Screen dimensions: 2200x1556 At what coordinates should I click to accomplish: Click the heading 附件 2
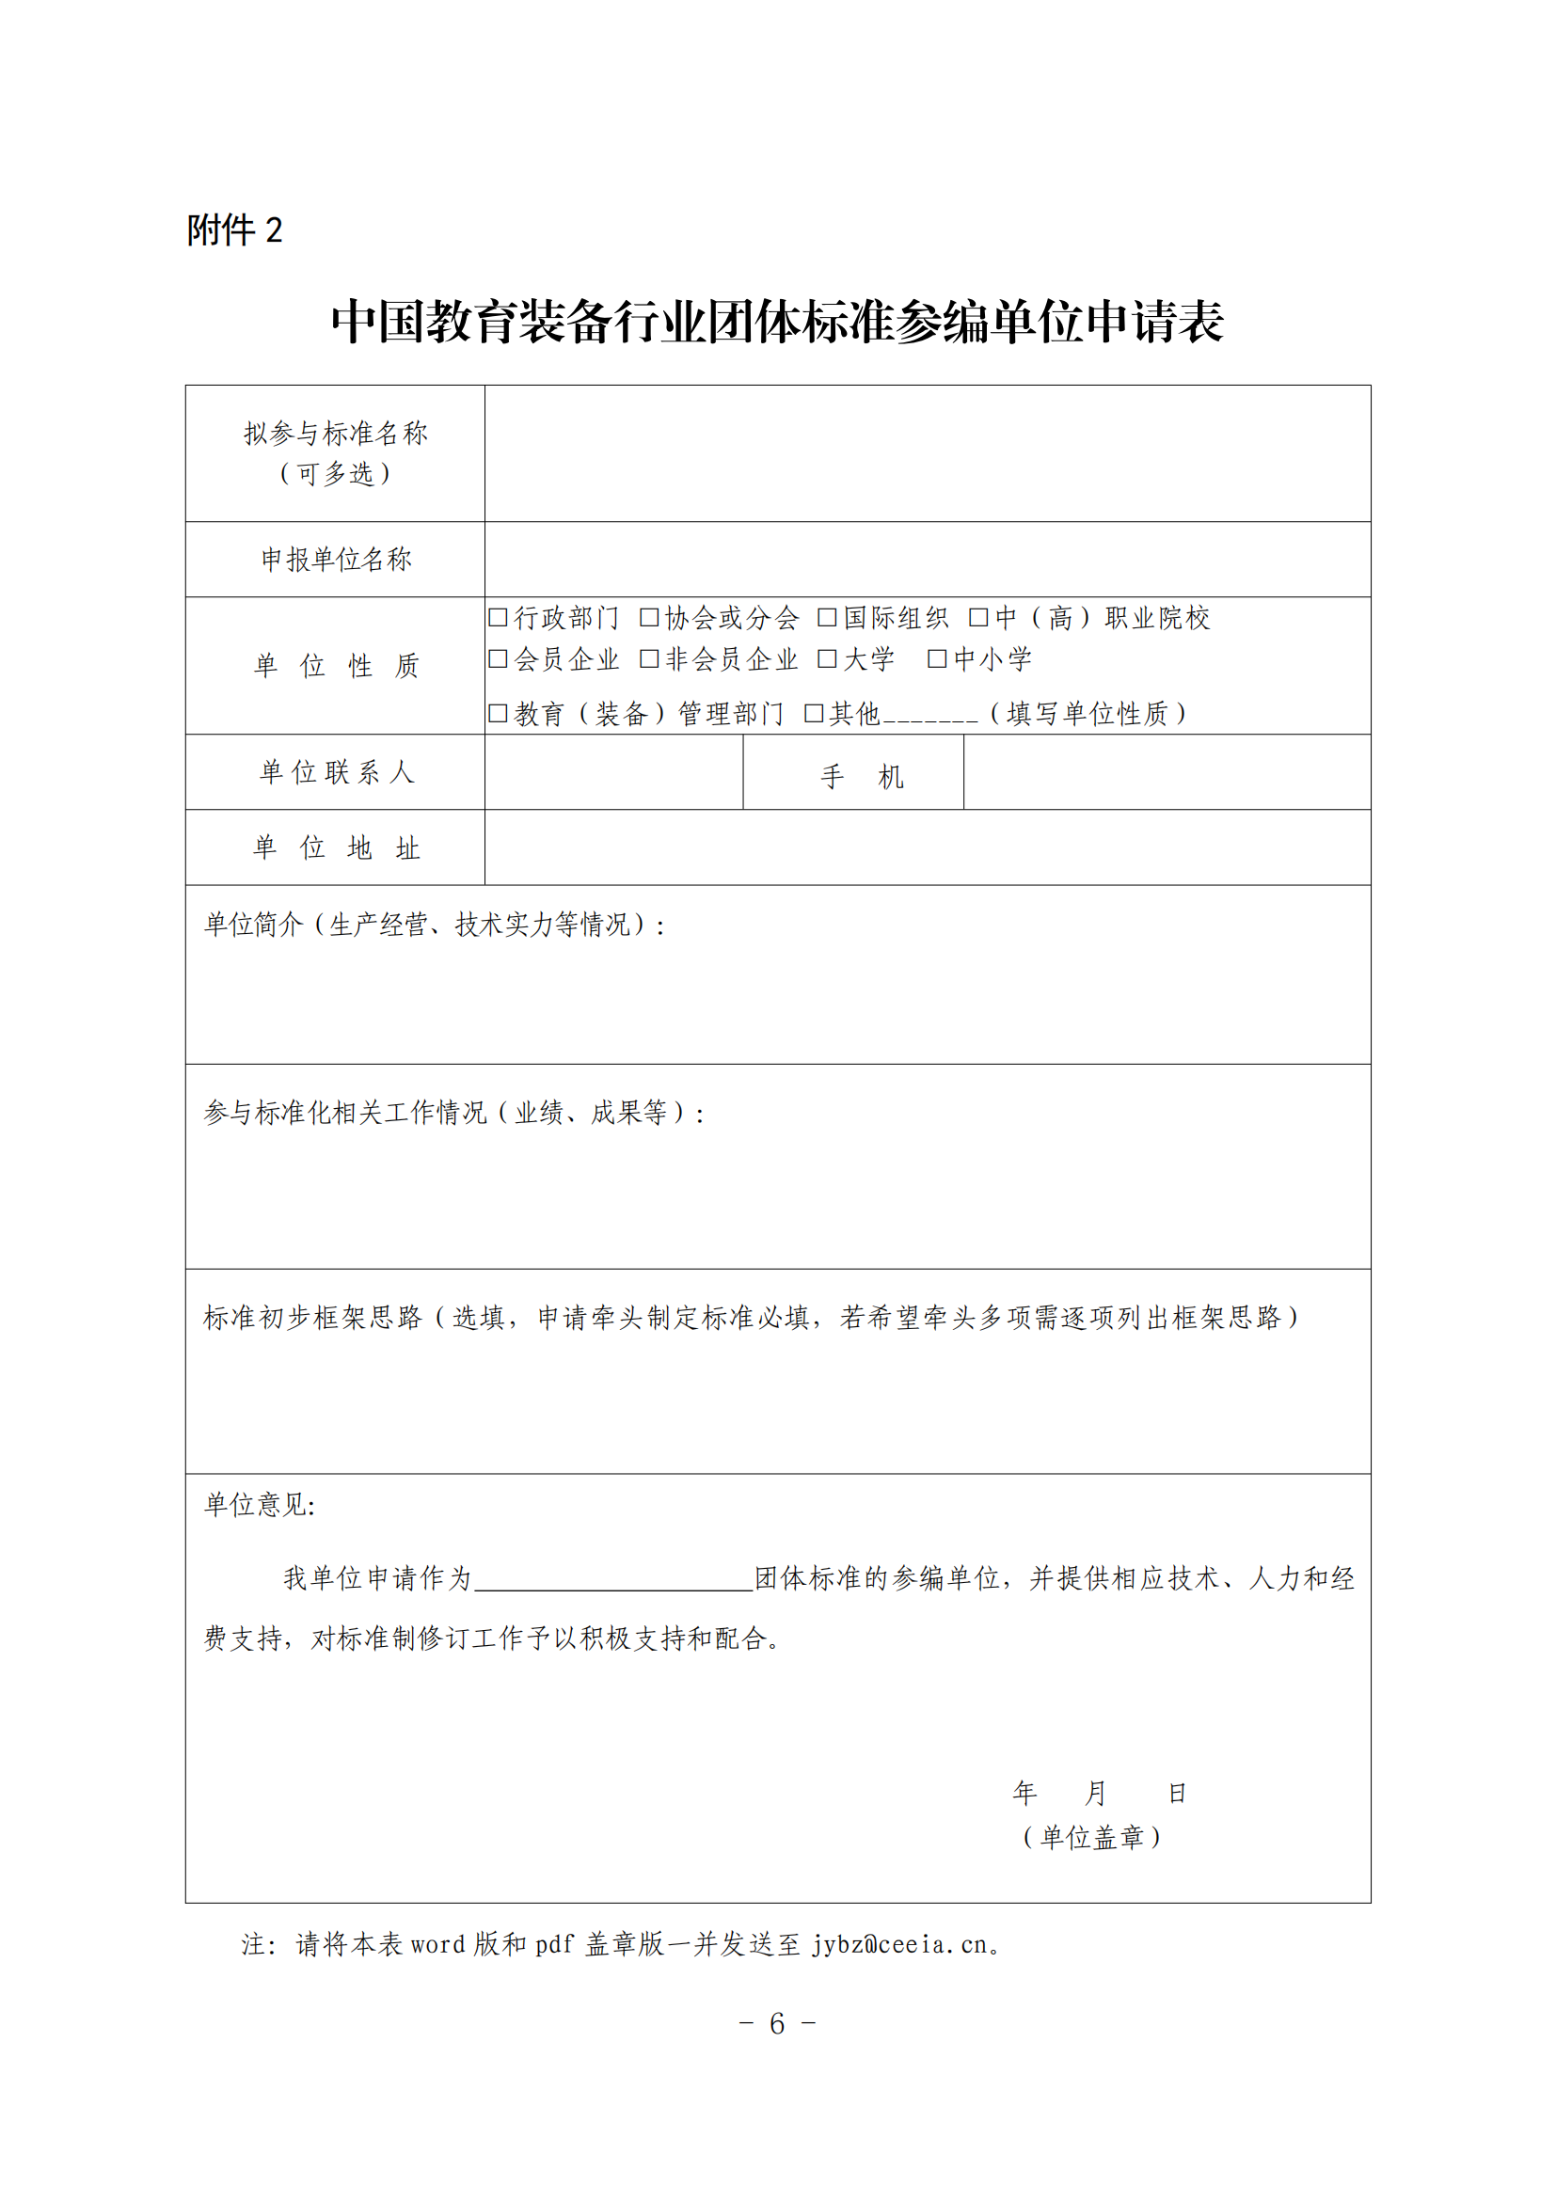tap(235, 229)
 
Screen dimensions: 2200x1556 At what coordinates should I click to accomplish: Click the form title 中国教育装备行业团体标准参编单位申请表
tap(777, 321)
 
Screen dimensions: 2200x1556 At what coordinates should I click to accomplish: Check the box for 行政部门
tap(498, 617)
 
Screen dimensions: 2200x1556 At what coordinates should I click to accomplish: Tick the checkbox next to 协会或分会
tap(649, 617)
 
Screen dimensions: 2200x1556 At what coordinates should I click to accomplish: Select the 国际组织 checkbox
tap(827, 617)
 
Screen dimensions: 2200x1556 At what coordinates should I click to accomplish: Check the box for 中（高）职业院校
tap(978, 617)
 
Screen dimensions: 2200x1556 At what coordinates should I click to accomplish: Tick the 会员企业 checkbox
tap(498, 658)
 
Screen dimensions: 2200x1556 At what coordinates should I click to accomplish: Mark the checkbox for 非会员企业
tap(649, 658)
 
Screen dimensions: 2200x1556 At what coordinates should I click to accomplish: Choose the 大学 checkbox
tap(827, 658)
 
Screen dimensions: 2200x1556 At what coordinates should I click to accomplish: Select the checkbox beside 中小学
tap(937, 658)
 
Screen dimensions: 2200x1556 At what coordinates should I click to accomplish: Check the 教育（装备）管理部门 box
tap(498, 713)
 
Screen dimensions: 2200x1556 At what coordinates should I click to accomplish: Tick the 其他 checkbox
tap(814, 713)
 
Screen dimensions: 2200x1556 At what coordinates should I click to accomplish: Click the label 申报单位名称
tap(336, 560)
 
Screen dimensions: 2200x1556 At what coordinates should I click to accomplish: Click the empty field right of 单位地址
tap(927, 847)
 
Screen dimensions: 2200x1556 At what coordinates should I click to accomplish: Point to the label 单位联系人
tap(336, 772)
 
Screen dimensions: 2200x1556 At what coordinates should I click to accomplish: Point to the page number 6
tap(777, 2023)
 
